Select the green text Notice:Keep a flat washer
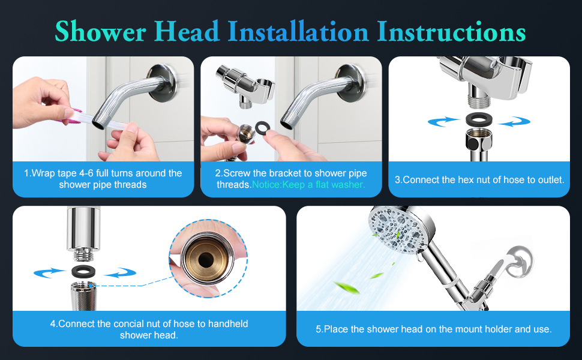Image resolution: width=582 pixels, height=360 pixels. pyautogui.click(x=308, y=185)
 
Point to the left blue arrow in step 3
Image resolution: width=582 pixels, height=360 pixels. pyautogui.click(x=445, y=122)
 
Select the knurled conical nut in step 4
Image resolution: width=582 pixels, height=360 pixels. pyautogui.click(x=80, y=296)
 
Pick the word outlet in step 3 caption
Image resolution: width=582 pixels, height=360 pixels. pyautogui.click(x=549, y=179)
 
